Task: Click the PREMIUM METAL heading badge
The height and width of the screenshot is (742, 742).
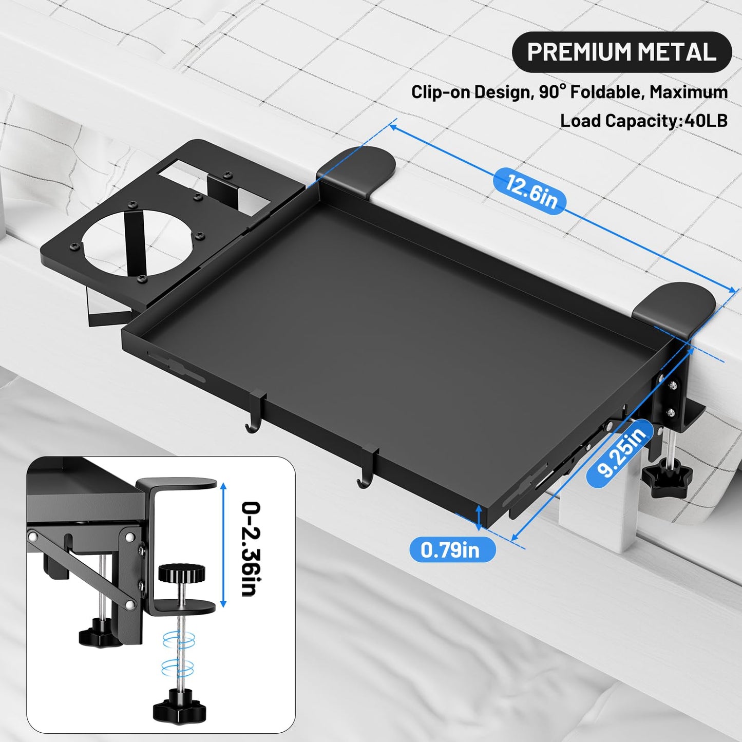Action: click(x=621, y=51)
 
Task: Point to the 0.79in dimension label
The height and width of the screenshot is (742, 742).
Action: click(x=450, y=549)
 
